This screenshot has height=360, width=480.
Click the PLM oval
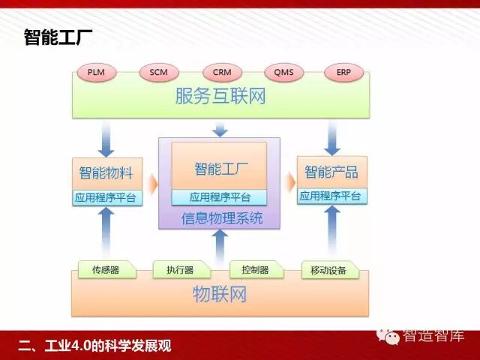tap(96, 73)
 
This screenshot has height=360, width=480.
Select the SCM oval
tap(158, 73)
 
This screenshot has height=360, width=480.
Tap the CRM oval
tap(222, 73)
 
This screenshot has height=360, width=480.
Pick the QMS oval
tap(283, 73)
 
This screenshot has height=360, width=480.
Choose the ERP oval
tap(343, 73)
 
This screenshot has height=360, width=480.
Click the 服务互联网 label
tap(220, 96)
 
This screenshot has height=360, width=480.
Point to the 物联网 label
tap(220, 294)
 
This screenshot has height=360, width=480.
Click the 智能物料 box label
tap(106, 172)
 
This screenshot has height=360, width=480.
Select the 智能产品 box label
tap(331, 172)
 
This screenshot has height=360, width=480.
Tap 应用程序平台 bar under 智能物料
tap(106, 199)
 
